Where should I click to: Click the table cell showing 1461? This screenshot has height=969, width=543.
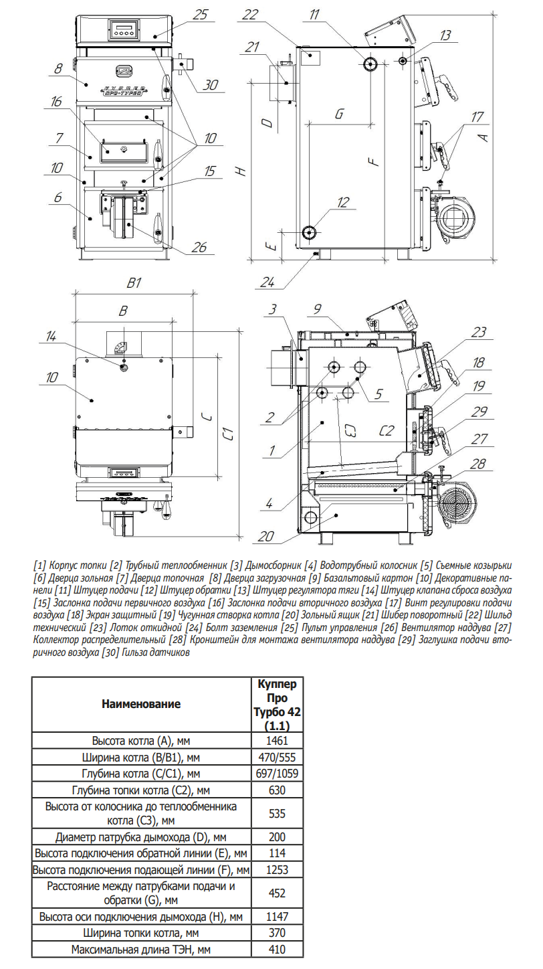pos(276,741)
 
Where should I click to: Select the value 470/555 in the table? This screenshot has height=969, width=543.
pos(276,758)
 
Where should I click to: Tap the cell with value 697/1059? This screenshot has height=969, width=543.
pos(276,774)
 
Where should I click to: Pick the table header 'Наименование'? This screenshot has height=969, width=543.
pos(141,704)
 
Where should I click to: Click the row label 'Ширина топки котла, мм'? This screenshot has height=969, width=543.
pos(141,932)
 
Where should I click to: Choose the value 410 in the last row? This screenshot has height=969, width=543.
pos(276,949)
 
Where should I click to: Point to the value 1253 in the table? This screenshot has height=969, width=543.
pos(276,870)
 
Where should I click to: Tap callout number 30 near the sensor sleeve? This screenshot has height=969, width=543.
pos(211,85)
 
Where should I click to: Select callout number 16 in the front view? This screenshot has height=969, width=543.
pos(56,102)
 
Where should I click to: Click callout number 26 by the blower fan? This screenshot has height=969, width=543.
pos(199,248)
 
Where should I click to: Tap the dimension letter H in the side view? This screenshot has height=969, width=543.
pos(241,171)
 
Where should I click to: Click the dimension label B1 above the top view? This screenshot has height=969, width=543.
pos(134,283)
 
